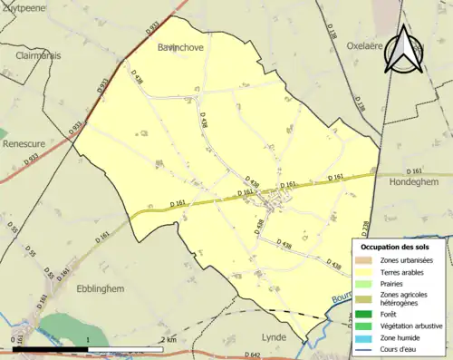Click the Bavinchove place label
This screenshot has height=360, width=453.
click(x=179, y=45)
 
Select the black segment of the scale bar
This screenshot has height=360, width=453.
click(x=52, y=348)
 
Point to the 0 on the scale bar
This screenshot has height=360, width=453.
click(x=15, y=339)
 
